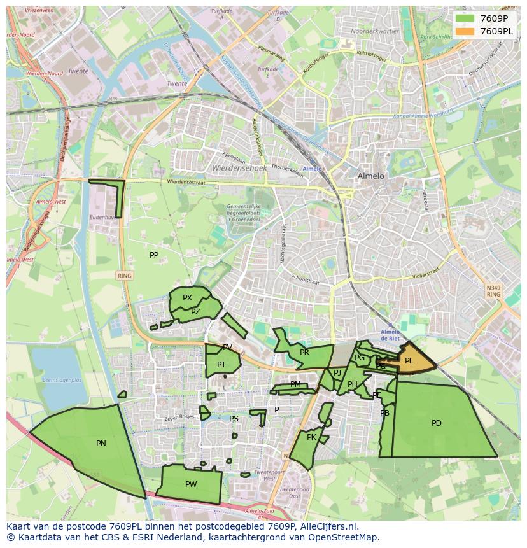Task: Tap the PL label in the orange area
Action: [x=409, y=361]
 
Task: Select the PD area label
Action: [x=436, y=423]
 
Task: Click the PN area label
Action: [x=101, y=444]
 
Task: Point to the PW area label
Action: [x=190, y=484]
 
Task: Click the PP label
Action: [x=154, y=255]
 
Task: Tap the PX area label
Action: [x=187, y=298]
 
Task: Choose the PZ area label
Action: [x=195, y=312]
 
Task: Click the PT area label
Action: [x=221, y=365]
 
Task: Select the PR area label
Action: [x=304, y=353]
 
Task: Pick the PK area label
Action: [x=311, y=437]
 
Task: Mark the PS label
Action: [x=234, y=419]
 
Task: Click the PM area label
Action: [x=295, y=384]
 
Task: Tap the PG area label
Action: [x=360, y=358]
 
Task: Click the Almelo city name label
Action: [x=370, y=176]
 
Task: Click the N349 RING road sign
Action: [x=493, y=291]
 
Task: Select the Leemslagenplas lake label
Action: [x=61, y=380]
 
